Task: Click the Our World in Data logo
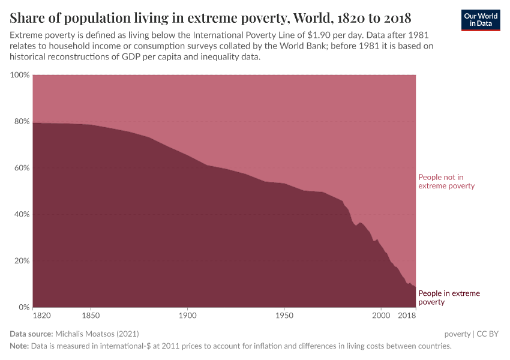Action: coord(480,20)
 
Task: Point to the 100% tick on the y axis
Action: coord(20,75)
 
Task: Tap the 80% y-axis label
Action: coord(21,121)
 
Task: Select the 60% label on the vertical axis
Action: coord(21,168)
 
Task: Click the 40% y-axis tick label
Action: coord(21,214)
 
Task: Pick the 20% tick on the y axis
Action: coord(21,261)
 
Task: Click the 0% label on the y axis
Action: coord(23,307)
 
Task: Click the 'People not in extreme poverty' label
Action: coord(446,182)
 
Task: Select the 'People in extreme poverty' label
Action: coord(449,298)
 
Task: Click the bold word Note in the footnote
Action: coord(20,346)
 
